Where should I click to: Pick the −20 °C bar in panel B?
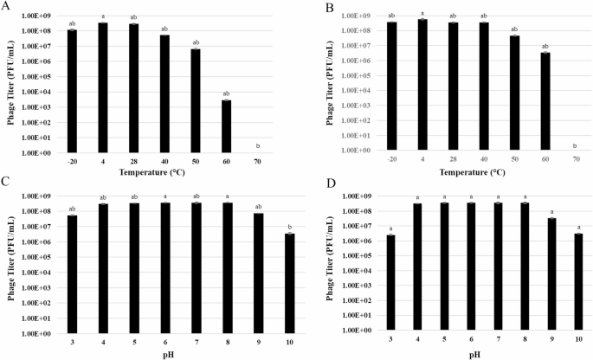point(368,86)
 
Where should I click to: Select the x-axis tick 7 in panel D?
point(498,339)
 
